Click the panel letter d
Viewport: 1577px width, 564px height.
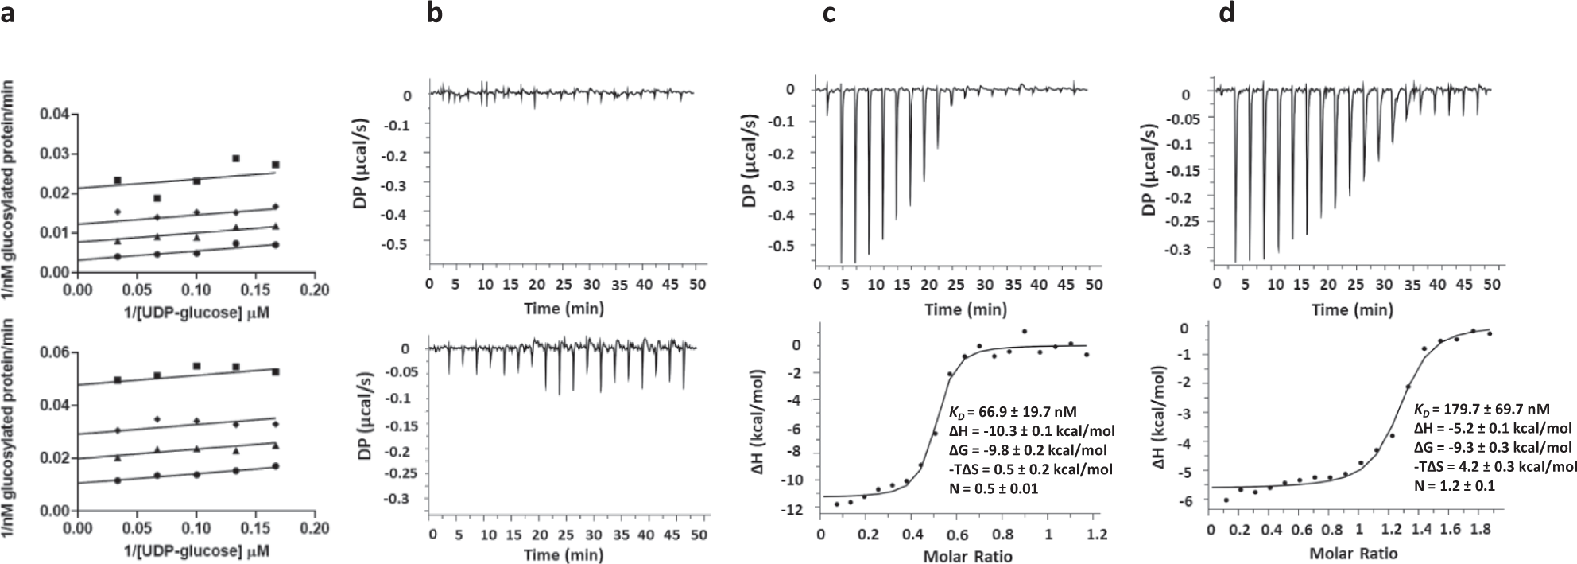1227,15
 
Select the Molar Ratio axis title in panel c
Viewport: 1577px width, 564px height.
967,556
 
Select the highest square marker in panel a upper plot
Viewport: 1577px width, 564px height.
235,158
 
